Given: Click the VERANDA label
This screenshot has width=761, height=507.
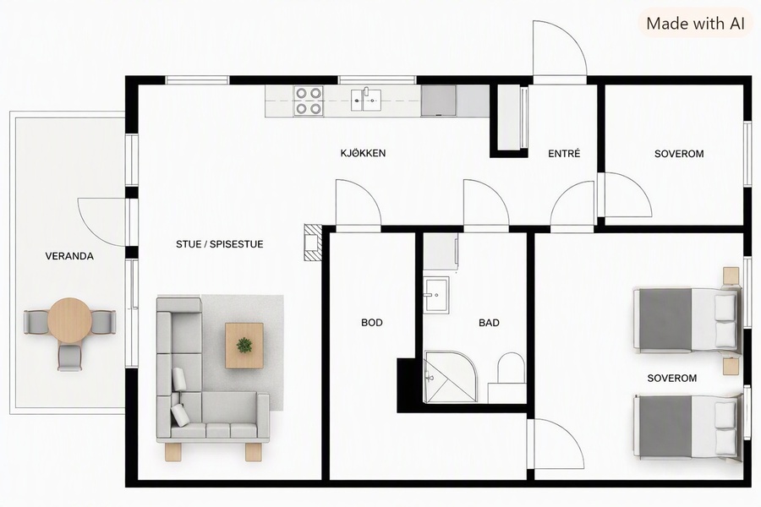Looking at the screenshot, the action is [69, 256].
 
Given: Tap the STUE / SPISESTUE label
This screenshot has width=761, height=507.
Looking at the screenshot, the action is [219, 244].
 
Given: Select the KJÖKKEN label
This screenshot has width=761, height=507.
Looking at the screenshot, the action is [363, 153].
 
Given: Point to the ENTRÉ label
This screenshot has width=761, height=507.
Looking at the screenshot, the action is [564, 154].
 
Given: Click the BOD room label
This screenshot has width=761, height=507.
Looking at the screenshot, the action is [372, 323].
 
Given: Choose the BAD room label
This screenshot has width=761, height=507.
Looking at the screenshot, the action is [489, 323].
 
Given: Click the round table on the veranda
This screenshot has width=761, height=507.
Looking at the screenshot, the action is [69, 319].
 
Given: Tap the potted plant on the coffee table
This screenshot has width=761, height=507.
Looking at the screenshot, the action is [244, 346].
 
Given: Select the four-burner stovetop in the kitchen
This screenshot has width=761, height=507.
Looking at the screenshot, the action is [309, 101].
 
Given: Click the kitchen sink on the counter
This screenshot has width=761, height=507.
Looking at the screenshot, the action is [366, 100].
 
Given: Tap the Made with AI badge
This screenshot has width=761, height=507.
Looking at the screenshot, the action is [695, 24].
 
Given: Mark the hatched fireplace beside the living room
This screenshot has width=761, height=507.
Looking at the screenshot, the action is [313, 243].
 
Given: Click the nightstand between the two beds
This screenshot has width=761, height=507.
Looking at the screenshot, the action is [731, 366].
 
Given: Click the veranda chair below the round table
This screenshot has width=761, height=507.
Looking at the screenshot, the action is [69, 357].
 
